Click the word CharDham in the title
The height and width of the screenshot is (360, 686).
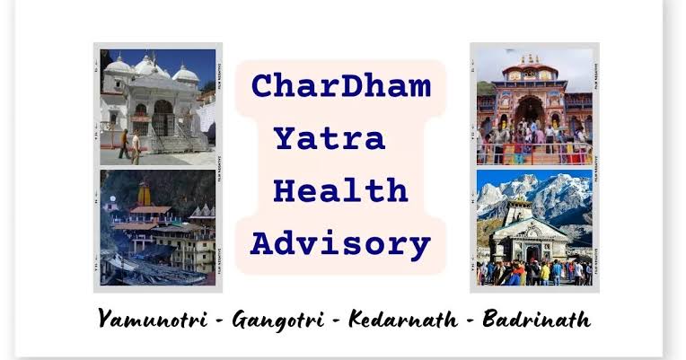341,86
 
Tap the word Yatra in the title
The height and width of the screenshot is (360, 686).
330,138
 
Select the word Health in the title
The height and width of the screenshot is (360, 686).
340,190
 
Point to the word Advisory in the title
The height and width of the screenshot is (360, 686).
340,244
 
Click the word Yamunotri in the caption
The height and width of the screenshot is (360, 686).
153,319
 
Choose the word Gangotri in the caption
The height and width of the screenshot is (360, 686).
278,320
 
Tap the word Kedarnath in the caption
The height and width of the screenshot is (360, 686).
403,319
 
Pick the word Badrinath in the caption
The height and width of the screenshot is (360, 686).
537,319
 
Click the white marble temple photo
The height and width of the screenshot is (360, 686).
158,107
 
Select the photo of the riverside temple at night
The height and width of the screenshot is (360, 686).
158,228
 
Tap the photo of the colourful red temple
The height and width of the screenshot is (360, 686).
534,107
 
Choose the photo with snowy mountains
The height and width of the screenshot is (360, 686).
534,228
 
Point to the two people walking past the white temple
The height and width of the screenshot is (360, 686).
130,146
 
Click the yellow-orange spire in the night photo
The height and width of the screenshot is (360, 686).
144,194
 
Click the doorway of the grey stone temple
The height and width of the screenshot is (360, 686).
532,254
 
